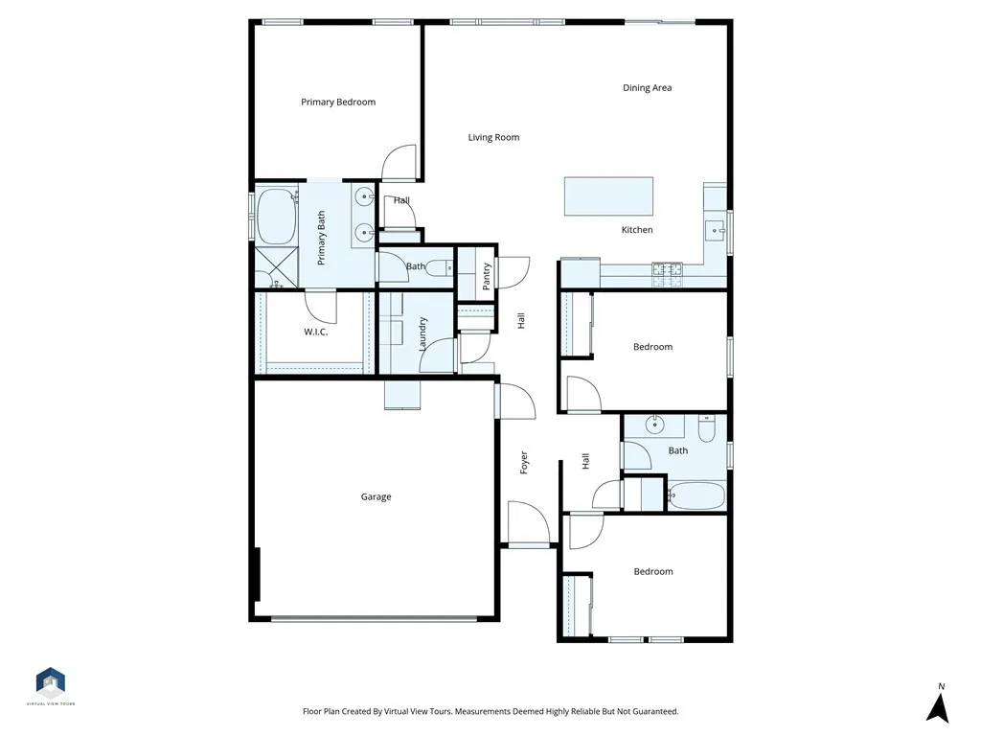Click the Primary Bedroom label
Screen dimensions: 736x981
[x=338, y=102]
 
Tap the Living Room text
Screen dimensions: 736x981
[x=493, y=137]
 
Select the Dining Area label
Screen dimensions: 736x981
[x=647, y=88]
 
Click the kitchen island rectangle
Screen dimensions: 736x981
[x=608, y=197]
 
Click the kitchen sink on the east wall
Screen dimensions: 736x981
[x=715, y=230]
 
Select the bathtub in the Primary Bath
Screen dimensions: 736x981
[x=276, y=217]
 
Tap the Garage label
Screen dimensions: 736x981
[x=376, y=496]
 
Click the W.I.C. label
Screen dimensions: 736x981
[x=317, y=333]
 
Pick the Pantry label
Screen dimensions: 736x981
[x=487, y=275]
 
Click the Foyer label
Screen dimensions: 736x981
[x=524, y=462]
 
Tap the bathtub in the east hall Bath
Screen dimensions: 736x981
[x=696, y=495]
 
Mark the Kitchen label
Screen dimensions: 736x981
[x=637, y=230]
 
